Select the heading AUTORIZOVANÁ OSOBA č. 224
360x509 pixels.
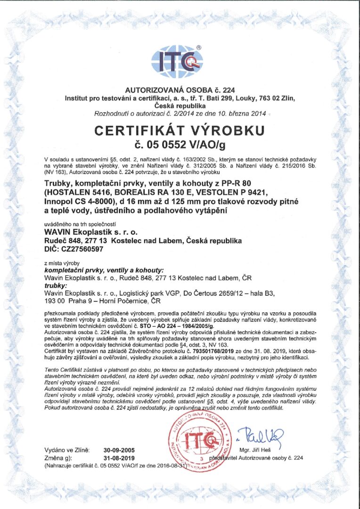pos(180,90)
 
